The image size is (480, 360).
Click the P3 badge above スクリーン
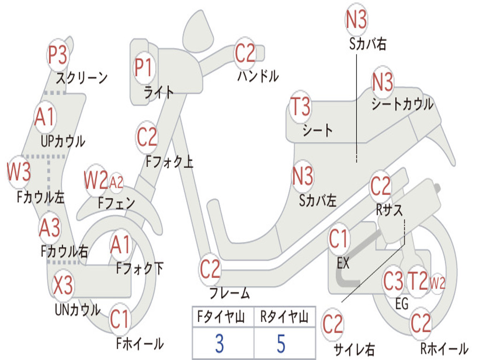coord(58,55)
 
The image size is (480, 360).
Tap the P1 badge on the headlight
coord(144,67)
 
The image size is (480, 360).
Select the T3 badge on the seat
coord(300,107)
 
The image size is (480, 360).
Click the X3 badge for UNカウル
coord(63,285)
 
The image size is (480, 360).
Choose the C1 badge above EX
coord(339,239)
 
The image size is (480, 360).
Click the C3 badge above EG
coord(393,281)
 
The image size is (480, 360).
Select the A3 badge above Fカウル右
coord(50,228)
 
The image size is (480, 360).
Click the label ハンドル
coord(258,76)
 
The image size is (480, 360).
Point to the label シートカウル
coord(402,105)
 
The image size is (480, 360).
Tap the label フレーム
coord(229,294)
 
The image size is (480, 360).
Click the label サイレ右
coord(354,349)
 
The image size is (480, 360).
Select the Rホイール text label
coord(444,349)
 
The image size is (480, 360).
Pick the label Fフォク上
coord(169,162)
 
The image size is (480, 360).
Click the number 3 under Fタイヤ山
coord(219,344)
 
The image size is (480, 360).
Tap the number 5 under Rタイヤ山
coord(281,344)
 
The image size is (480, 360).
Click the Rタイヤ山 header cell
coord(284,318)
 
